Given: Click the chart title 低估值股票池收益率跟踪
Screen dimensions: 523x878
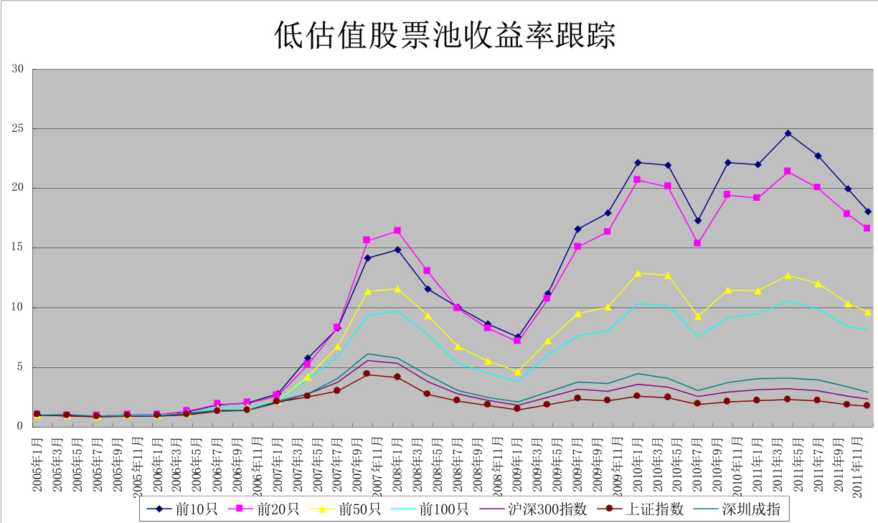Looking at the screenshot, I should point(445,35).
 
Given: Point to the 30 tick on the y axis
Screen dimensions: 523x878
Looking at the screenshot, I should point(18,69).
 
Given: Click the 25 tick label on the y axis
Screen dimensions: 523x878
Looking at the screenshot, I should point(18,128).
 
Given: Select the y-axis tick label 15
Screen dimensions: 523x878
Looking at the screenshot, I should point(18,248).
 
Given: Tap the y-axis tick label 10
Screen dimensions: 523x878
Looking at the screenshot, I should point(18,308).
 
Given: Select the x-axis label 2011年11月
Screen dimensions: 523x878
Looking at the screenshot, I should point(857,460).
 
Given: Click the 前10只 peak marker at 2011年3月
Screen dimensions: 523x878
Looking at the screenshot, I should point(788,133).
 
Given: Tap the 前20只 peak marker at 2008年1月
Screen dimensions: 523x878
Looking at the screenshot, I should point(397,230).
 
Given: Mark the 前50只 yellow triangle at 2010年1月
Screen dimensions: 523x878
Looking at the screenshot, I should point(637,273).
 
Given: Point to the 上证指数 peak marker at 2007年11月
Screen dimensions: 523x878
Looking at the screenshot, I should point(367,373).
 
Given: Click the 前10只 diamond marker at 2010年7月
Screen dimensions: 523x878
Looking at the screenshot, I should point(697,220).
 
